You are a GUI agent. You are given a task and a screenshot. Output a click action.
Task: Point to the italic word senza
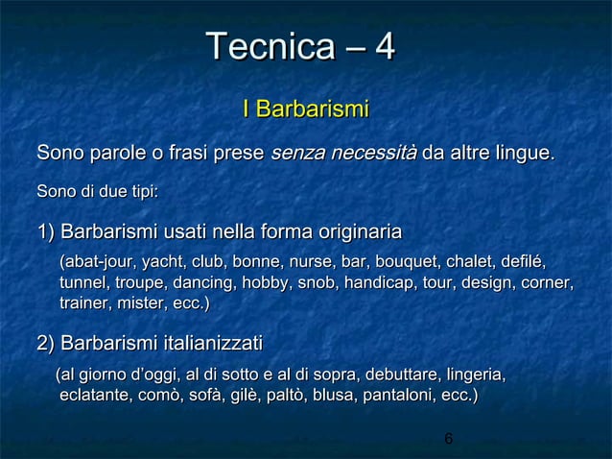pyautogui.click(x=295, y=153)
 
